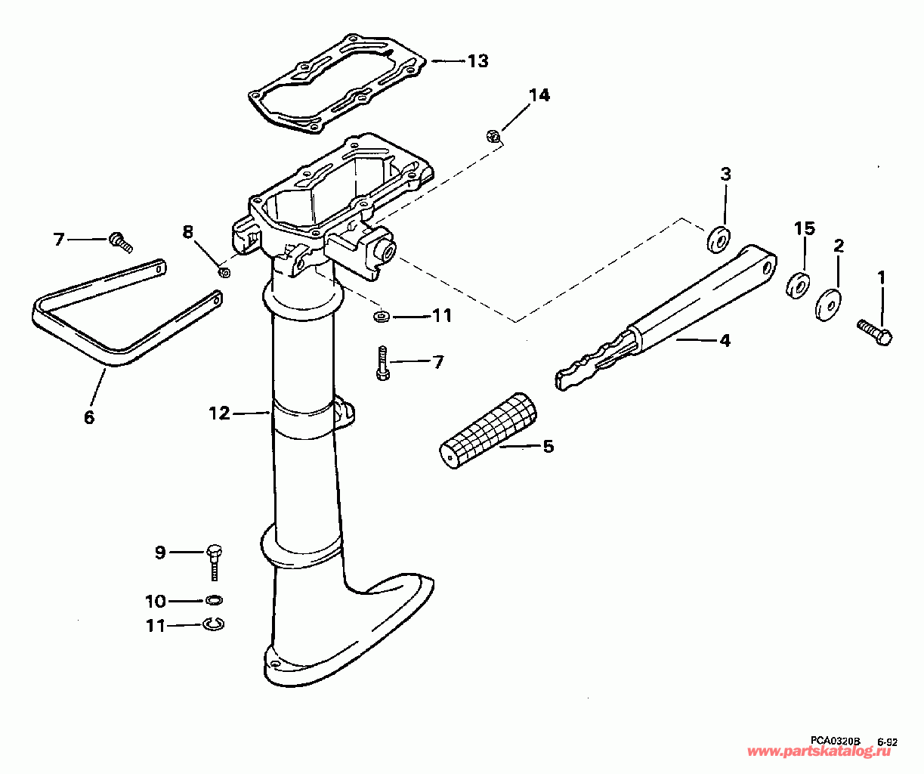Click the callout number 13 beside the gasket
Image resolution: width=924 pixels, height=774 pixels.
click(x=477, y=60)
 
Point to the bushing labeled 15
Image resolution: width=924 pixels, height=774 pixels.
click(x=798, y=286)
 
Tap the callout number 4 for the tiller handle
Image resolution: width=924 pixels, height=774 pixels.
click(x=725, y=341)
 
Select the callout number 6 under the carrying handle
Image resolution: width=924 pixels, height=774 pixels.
click(x=89, y=416)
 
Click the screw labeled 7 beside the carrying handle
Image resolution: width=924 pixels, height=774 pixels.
click(x=119, y=241)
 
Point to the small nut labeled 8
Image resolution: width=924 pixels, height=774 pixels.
click(x=224, y=271)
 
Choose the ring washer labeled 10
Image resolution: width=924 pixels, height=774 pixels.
click(x=215, y=600)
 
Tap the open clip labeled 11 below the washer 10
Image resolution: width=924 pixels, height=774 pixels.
click(x=215, y=624)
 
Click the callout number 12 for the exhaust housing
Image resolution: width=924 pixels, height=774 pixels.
click(x=219, y=413)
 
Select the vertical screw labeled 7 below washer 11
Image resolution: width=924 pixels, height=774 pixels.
click(x=383, y=363)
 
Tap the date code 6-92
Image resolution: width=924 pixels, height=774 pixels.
click(x=887, y=742)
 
